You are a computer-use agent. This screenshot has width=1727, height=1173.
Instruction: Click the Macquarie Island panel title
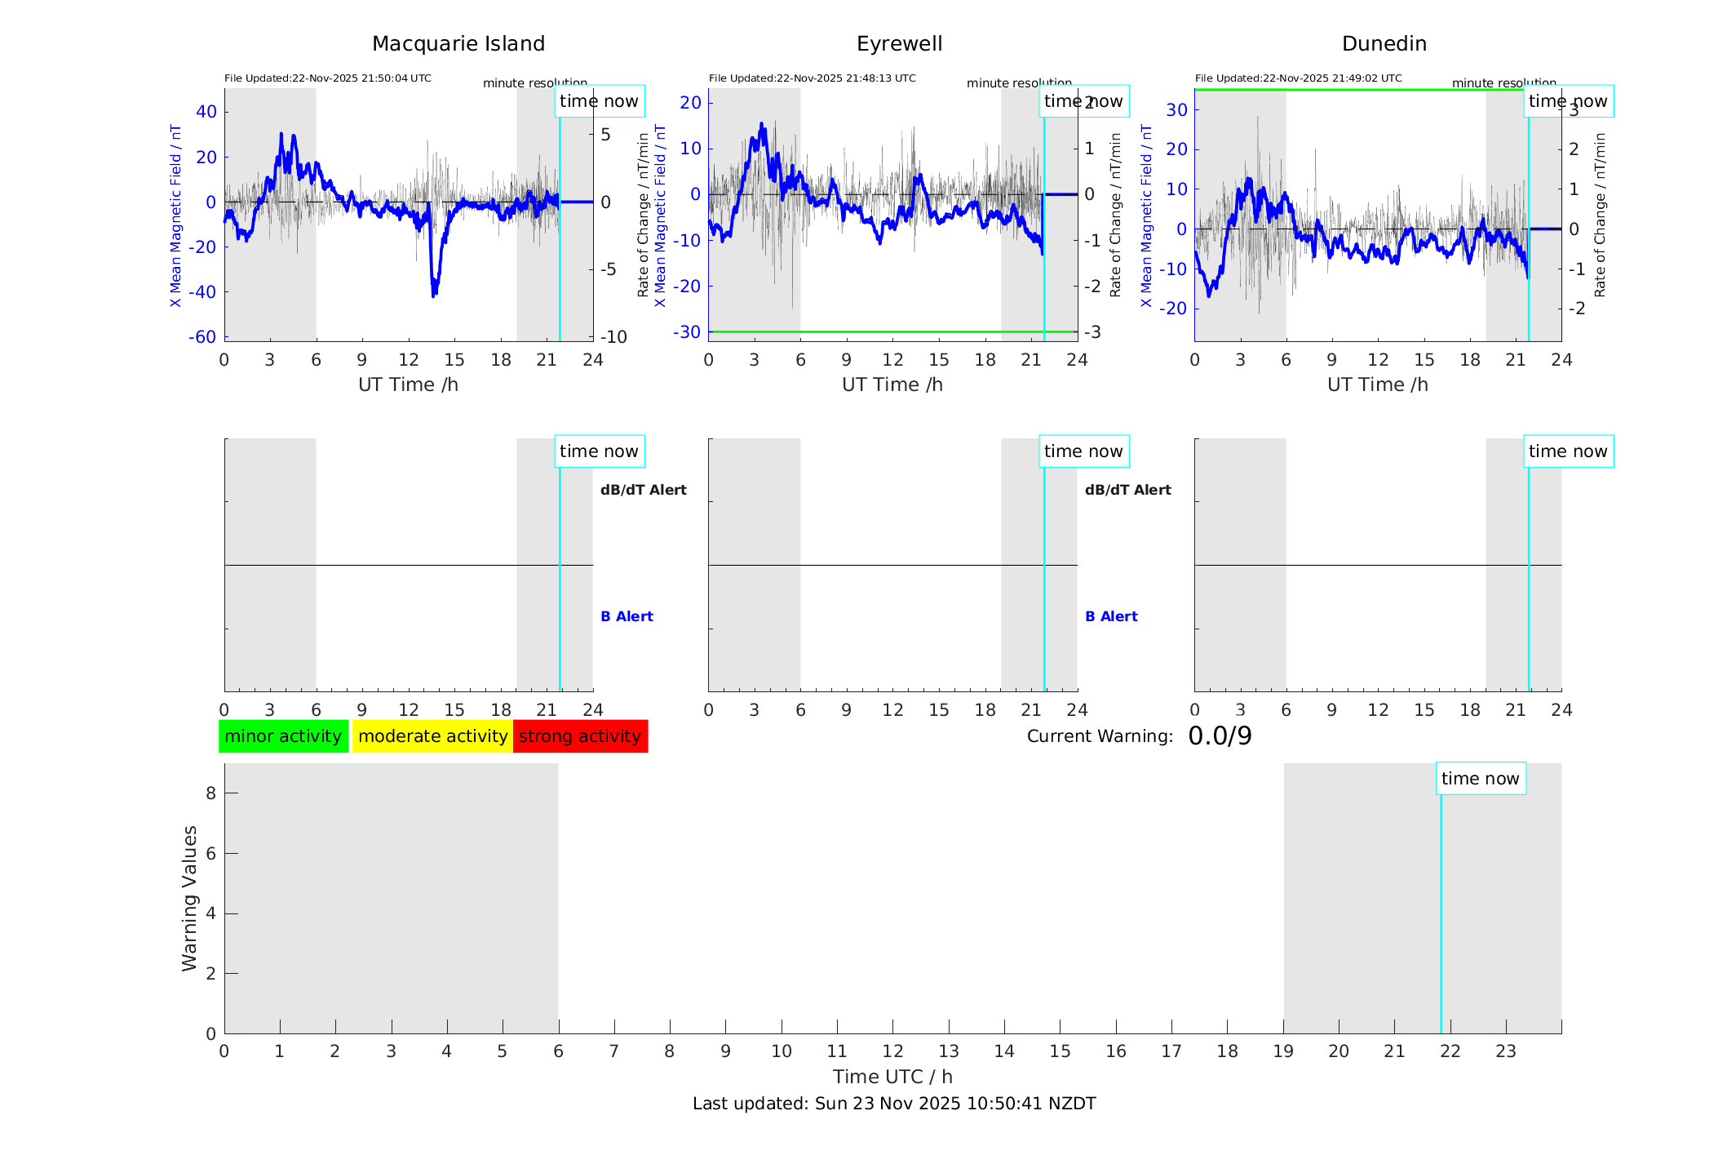pyautogui.click(x=458, y=44)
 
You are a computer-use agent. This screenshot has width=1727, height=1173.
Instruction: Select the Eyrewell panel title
pyautogui.click(x=899, y=44)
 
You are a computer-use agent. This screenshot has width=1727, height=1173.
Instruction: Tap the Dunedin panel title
pyautogui.click(x=1384, y=44)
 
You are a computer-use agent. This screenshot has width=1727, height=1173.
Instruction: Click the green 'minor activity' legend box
pyautogui.click(x=283, y=736)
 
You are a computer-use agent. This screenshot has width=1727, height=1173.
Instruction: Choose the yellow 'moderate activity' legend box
pyautogui.click(x=432, y=736)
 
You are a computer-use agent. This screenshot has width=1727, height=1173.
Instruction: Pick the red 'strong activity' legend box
pyautogui.click(x=580, y=736)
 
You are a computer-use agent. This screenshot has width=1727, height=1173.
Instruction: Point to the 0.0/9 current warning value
pyautogui.click(x=1220, y=736)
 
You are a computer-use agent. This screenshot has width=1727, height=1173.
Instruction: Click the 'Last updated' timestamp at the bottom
pyautogui.click(x=894, y=1104)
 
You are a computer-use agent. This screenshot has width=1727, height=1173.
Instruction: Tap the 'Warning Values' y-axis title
pyautogui.click(x=189, y=898)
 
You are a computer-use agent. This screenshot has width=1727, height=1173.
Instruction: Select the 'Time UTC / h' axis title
pyautogui.click(x=892, y=1077)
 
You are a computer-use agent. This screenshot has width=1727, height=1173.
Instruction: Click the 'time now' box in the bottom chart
pyautogui.click(x=1480, y=779)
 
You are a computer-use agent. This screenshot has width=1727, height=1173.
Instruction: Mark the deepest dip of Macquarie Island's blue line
pyautogui.click(x=433, y=295)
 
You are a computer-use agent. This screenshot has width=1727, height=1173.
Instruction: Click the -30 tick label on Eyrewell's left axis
pyautogui.click(x=687, y=332)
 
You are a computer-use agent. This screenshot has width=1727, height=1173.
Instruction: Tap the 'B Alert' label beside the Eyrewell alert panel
pyautogui.click(x=1111, y=616)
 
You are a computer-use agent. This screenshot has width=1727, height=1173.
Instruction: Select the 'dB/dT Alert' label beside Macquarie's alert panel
pyautogui.click(x=643, y=490)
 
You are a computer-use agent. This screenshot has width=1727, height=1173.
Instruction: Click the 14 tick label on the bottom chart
pyautogui.click(x=1004, y=1051)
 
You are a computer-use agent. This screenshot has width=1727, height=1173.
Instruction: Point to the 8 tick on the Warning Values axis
pyautogui.click(x=210, y=793)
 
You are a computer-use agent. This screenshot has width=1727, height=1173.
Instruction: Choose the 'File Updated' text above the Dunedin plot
pyautogui.click(x=1298, y=78)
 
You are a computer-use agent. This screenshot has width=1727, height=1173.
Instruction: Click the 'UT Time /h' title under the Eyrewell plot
pyautogui.click(x=892, y=384)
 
